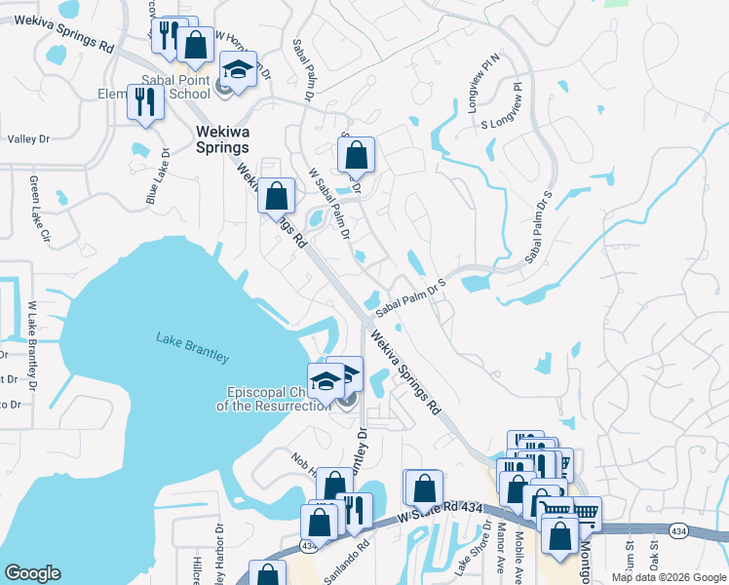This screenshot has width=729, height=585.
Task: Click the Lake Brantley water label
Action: [192, 347]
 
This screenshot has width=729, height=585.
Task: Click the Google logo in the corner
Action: [32, 573]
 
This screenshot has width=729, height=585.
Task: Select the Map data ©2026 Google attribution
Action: [668, 577]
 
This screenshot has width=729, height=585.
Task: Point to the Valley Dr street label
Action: [28, 139]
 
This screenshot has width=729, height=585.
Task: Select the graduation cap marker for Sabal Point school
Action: [237, 69]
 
